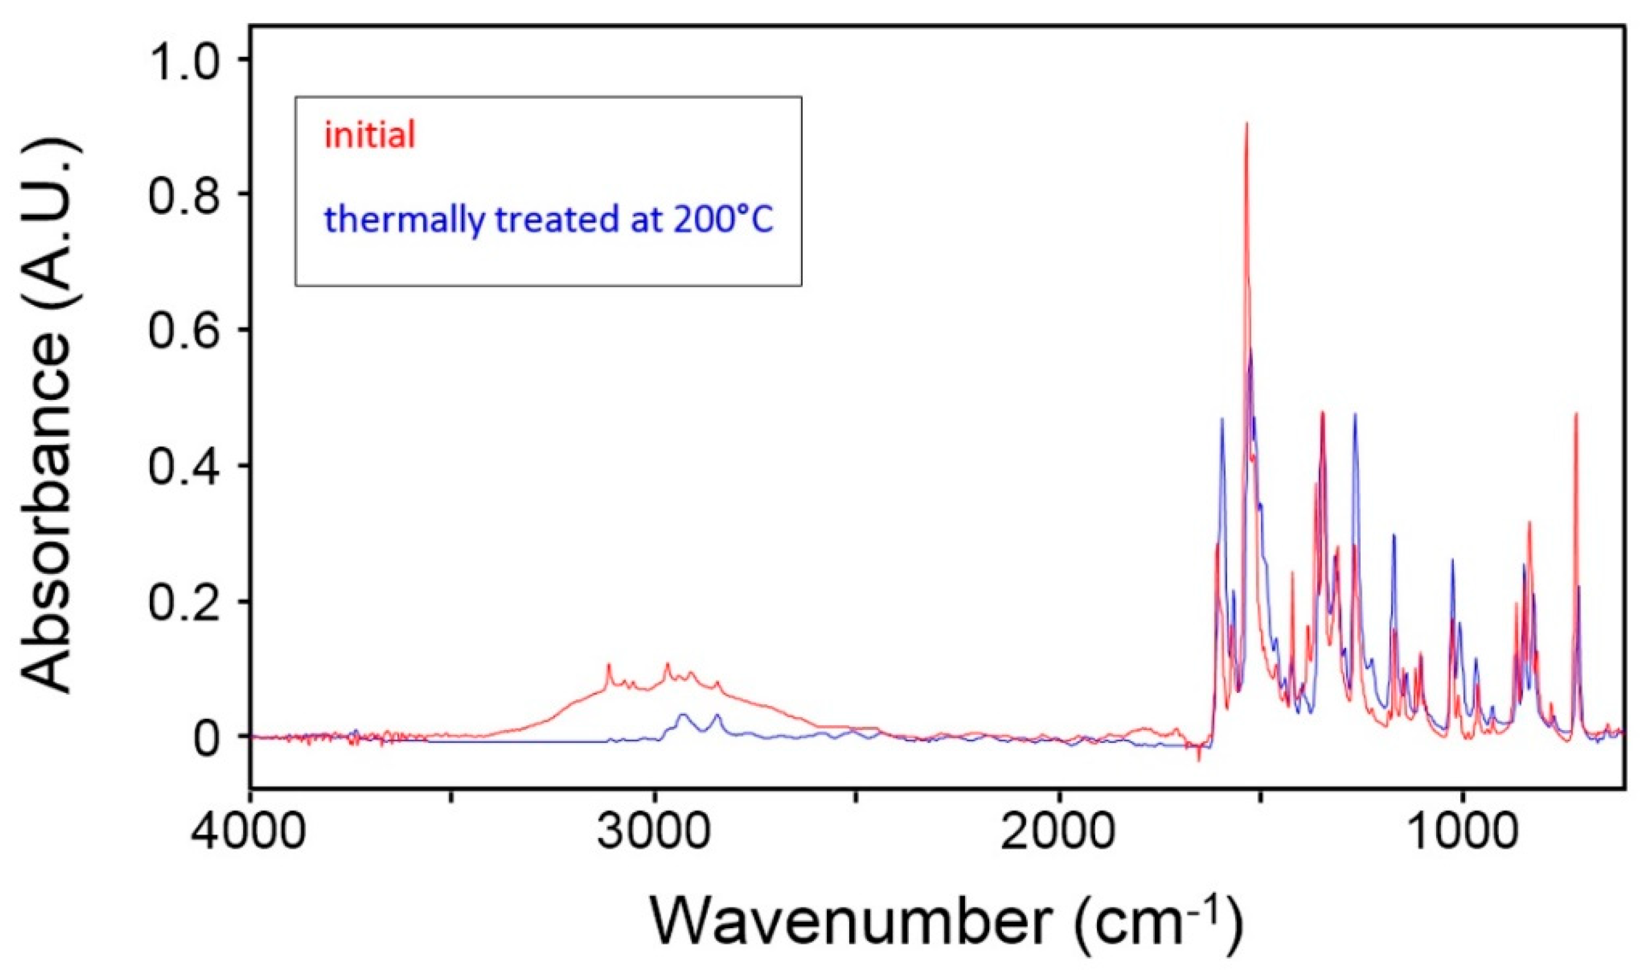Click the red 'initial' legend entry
(x=370, y=136)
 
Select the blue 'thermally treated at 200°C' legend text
(x=548, y=219)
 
